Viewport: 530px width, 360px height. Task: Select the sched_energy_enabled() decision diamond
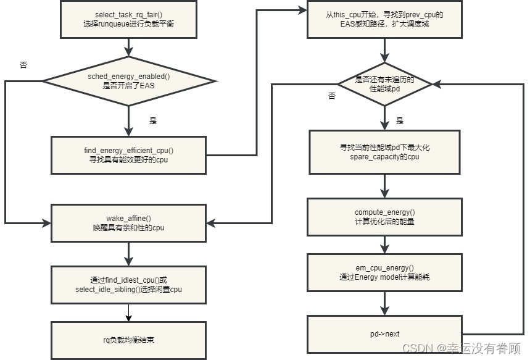[129, 80]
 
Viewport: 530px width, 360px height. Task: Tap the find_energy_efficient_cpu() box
[128, 155]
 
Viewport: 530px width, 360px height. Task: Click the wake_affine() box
[128, 223]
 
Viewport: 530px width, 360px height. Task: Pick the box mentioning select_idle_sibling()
[128, 285]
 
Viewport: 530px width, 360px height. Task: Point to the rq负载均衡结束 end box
[128, 339]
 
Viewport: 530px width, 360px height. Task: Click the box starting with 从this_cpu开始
[384, 19]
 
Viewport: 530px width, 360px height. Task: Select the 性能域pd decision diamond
[384, 84]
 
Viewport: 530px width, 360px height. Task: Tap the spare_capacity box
[384, 152]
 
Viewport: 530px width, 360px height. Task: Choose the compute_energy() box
[384, 217]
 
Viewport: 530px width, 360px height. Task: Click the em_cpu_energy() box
[384, 272]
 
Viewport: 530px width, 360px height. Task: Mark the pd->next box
[384, 333]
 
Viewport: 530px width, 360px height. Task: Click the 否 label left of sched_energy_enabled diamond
[23, 64]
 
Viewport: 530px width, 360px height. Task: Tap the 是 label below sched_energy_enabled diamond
[153, 121]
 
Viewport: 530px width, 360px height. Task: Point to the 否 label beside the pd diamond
[332, 96]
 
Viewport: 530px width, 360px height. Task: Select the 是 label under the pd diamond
[400, 121]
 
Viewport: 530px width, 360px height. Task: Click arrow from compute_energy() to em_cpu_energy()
[384, 245]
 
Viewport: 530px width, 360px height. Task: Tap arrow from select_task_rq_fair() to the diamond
[129, 47]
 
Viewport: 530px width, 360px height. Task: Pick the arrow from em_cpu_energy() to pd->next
[384, 303]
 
